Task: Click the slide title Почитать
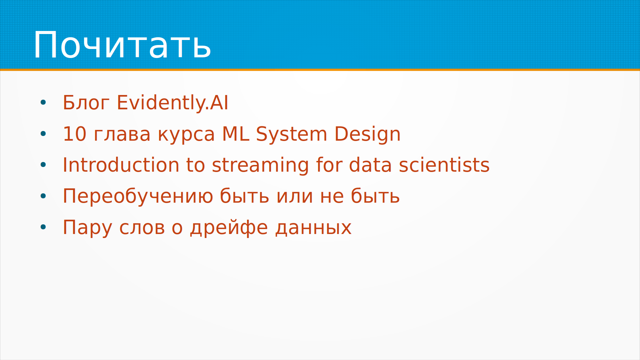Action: pyautogui.click(x=122, y=45)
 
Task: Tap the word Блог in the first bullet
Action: pyautogui.click(x=86, y=103)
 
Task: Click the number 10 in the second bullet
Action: pyautogui.click(x=75, y=134)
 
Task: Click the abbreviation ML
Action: pyautogui.click(x=236, y=134)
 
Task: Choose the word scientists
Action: pyautogui.click(x=444, y=165)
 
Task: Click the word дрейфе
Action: pyautogui.click(x=229, y=228)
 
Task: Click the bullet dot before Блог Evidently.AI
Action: pyautogui.click(x=43, y=103)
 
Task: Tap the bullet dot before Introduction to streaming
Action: pyautogui.click(x=43, y=165)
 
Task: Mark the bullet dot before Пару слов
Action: pyautogui.click(x=43, y=227)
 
